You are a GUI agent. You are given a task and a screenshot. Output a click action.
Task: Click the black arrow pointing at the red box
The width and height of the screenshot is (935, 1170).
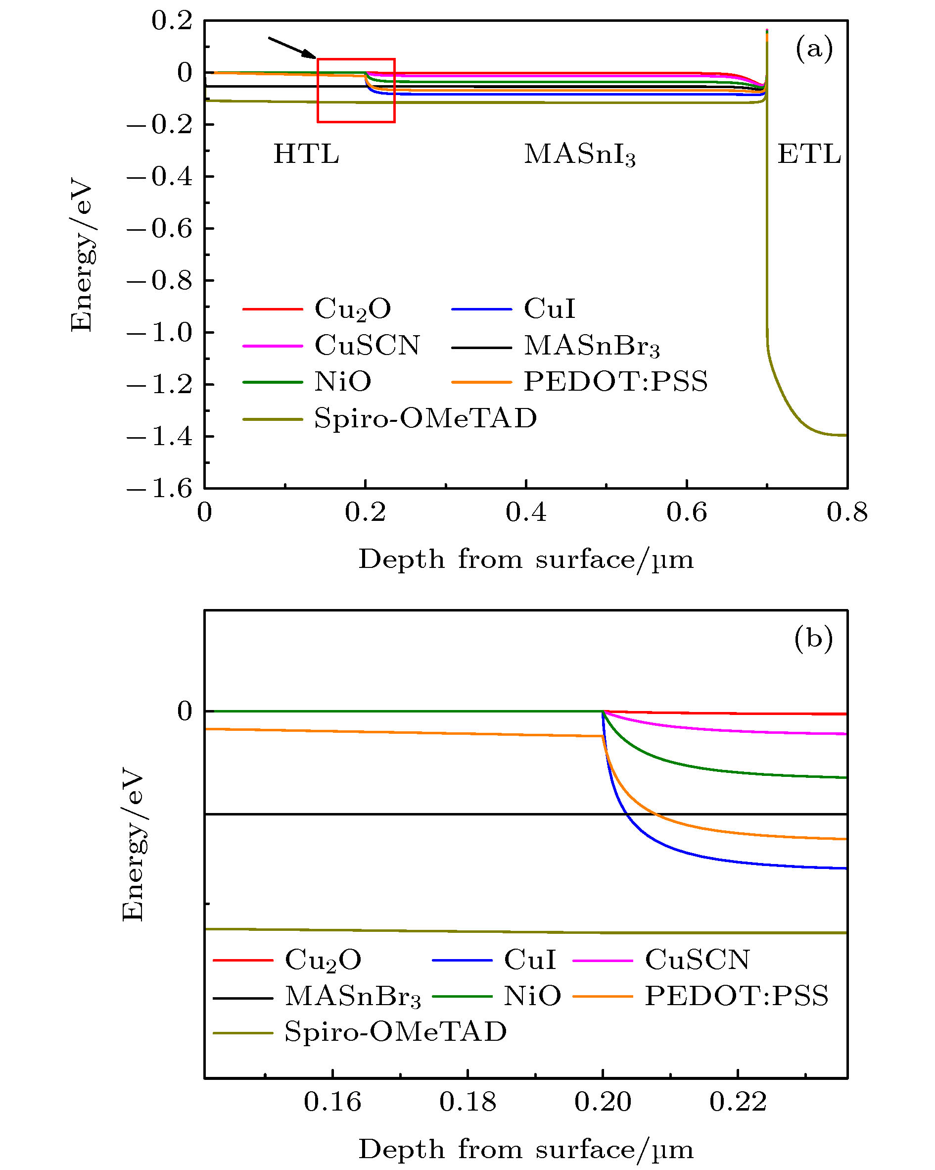click(292, 47)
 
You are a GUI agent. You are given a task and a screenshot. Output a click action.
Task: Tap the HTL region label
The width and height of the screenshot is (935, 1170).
click(306, 154)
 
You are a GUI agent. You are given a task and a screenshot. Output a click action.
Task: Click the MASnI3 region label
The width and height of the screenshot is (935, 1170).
click(579, 154)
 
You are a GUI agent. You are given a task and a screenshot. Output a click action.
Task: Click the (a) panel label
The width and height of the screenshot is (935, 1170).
click(813, 49)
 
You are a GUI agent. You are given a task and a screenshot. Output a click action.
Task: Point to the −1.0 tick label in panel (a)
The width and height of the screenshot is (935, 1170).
click(160, 333)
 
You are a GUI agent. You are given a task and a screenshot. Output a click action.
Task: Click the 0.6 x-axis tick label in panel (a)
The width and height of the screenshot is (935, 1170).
click(687, 512)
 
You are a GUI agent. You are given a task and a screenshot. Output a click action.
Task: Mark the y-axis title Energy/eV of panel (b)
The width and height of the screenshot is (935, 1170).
click(134, 844)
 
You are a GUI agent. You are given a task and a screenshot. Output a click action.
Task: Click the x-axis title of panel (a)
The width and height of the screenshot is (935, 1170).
click(525, 560)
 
